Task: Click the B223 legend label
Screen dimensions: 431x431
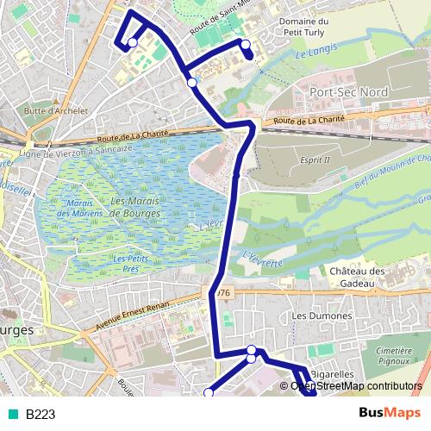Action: click(41, 415)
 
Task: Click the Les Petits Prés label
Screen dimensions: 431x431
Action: click(126, 263)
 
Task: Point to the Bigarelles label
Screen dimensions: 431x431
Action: click(333, 374)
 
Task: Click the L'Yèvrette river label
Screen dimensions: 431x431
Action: click(262, 258)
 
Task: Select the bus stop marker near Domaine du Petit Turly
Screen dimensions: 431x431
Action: click(246, 45)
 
